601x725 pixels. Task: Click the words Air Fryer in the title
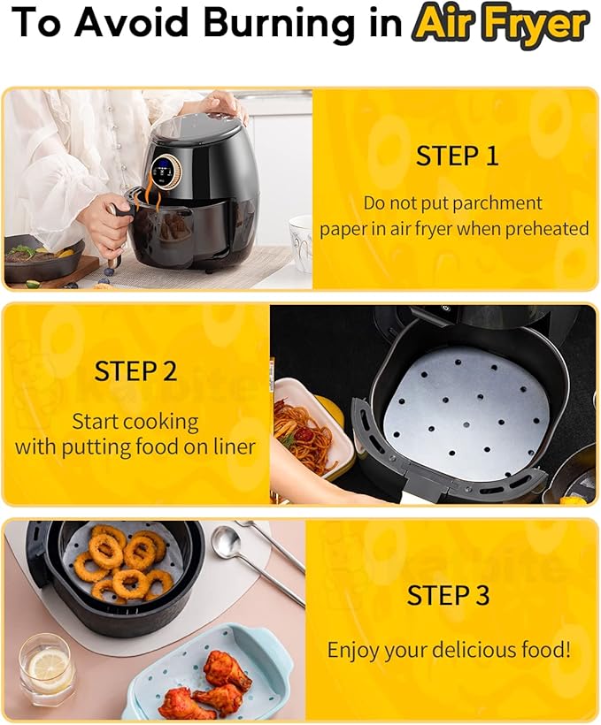pyautogui.click(x=500, y=25)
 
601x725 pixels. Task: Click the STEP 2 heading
pyautogui.click(x=135, y=370)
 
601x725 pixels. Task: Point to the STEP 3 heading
pyautogui.click(x=448, y=595)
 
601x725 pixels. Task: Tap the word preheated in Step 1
pyautogui.click(x=546, y=228)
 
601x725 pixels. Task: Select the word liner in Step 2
pyautogui.click(x=230, y=446)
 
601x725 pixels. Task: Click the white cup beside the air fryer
pyautogui.click(x=301, y=241)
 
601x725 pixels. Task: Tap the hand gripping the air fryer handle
pyautogui.click(x=105, y=217)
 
